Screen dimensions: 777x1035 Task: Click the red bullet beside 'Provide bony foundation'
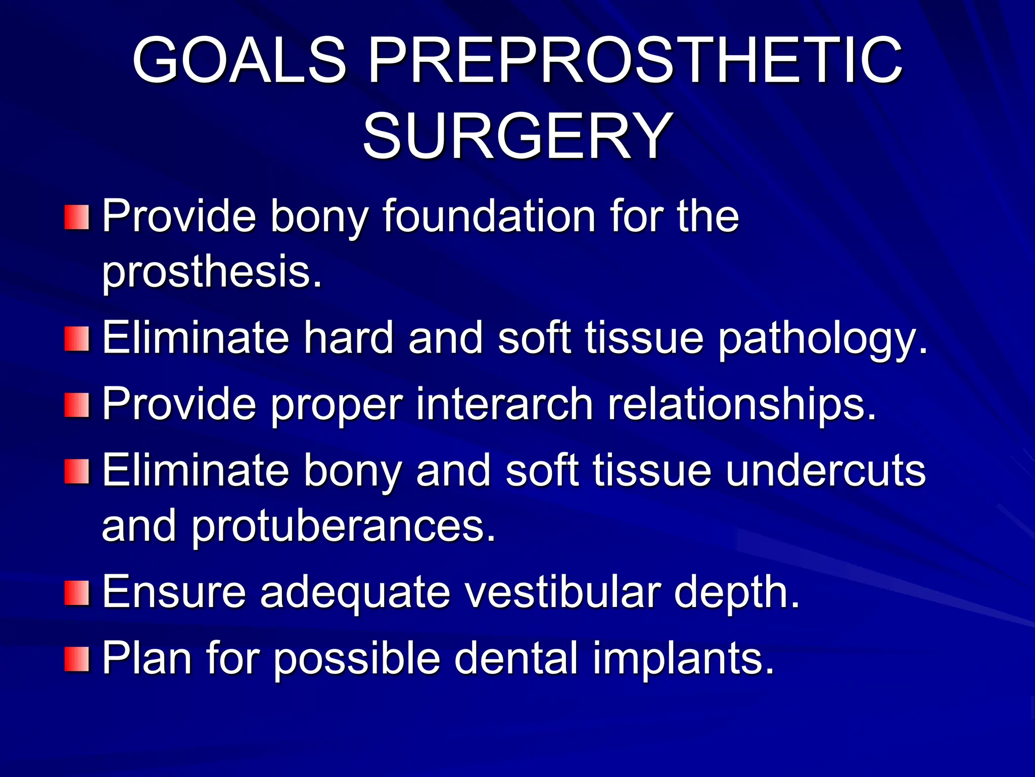pyautogui.click(x=77, y=217)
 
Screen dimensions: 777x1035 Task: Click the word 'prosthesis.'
pyautogui.click(x=212, y=273)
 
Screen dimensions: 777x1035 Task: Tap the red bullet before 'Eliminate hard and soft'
pyautogui.click(x=77, y=338)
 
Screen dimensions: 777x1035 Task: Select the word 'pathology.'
pyautogui.click(x=823, y=338)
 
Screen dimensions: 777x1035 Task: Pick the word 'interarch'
pyautogui.click(x=504, y=404)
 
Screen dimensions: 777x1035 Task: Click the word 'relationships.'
pyautogui.click(x=742, y=404)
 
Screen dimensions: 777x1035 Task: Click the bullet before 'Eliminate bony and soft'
pyautogui.click(x=77, y=471)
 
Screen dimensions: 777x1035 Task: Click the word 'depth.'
pyautogui.click(x=737, y=592)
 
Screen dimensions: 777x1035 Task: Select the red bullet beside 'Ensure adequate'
pyautogui.click(x=77, y=592)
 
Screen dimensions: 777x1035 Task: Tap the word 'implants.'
pyautogui.click(x=683, y=658)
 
